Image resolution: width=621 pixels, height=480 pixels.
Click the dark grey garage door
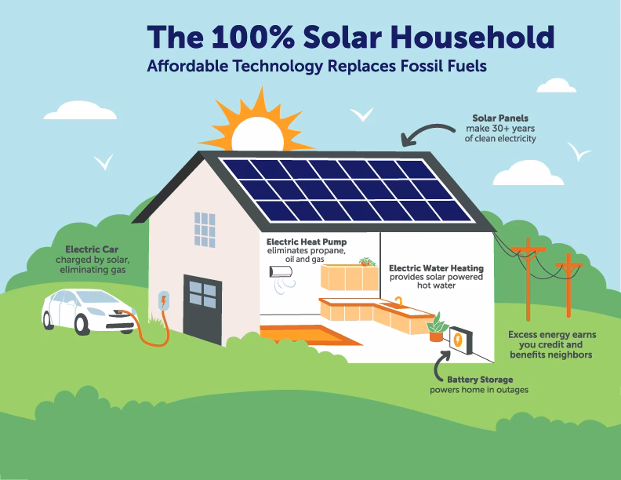tap(202, 307)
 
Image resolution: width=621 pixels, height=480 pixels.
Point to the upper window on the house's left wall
tap(205, 229)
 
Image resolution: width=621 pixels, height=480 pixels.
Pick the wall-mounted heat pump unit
tap(281, 271)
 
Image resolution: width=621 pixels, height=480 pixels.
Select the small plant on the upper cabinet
tap(366, 261)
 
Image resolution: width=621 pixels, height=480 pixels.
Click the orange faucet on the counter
tap(398, 301)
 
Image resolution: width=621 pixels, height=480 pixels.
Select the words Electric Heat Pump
tap(306, 242)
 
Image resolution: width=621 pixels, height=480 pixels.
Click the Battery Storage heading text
tap(480, 380)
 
